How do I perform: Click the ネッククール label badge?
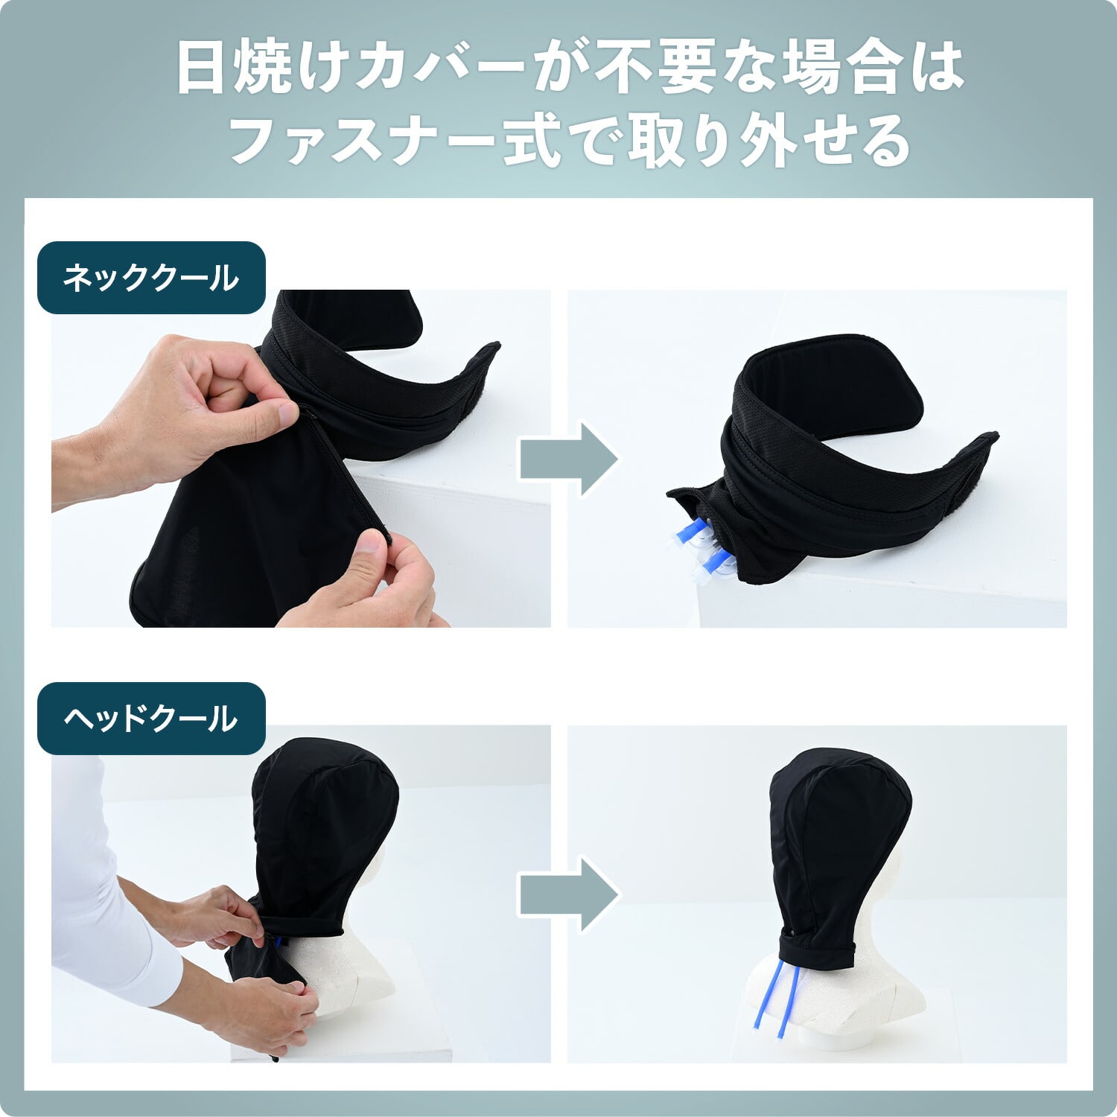pyautogui.click(x=151, y=278)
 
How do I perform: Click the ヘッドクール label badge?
pyautogui.click(x=151, y=719)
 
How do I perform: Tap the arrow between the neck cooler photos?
pyautogui.click(x=569, y=459)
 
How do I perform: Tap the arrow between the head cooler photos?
pyautogui.click(x=569, y=894)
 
